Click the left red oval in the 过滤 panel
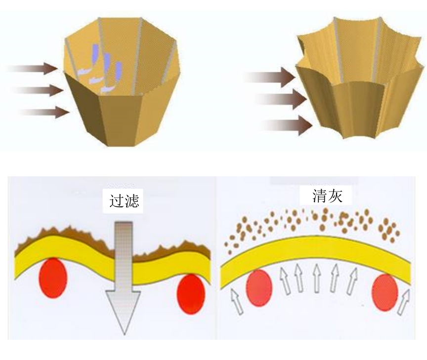[x=52, y=280]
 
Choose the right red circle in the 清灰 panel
[x=385, y=292]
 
